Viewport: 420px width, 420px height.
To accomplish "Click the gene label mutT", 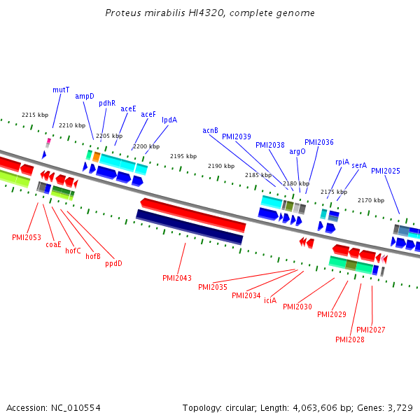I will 61,90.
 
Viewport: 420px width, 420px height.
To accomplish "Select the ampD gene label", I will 85,96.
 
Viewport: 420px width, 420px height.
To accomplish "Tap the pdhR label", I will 107,103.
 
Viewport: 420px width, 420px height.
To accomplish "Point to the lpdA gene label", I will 169,120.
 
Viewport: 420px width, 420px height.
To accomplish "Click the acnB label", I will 211,130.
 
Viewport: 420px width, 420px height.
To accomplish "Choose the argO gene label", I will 297,150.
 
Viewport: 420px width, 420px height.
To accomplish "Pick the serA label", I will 359,165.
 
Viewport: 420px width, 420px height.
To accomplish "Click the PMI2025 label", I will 386,171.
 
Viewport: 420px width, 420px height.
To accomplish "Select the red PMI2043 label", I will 177,278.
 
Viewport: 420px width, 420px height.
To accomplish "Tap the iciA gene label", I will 270,300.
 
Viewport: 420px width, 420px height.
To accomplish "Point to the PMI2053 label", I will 27,237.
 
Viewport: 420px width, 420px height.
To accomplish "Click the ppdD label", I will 113,263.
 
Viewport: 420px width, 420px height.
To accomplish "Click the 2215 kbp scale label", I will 35,115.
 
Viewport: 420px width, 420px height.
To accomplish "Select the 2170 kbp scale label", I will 371,200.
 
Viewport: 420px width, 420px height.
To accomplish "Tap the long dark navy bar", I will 190,227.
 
